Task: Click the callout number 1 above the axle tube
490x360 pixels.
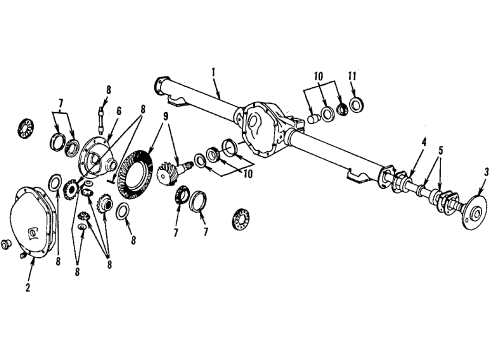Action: [x=213, y=73]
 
